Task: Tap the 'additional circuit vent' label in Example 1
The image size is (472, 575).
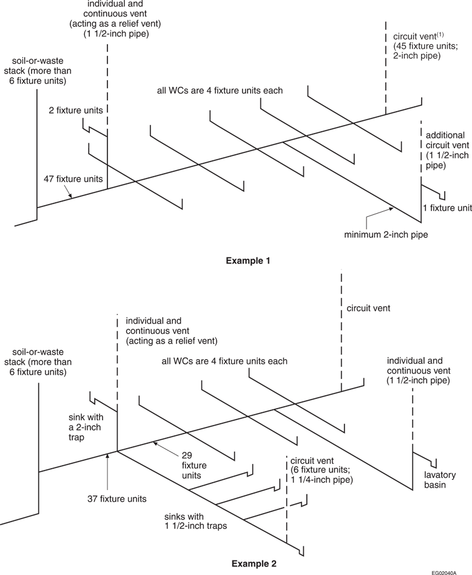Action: [x=446, y=149]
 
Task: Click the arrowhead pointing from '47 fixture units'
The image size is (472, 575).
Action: [x=71, y=196]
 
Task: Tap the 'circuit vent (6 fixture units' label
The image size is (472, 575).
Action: [x=323, y=470]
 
